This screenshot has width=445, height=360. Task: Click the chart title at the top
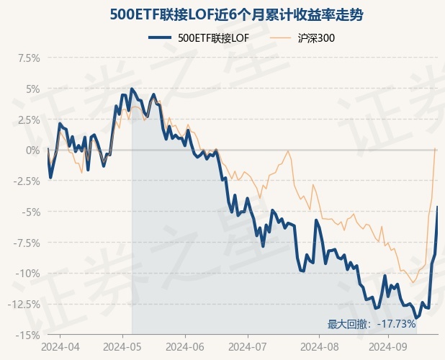[223, 14]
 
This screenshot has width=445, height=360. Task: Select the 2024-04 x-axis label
[60, 346]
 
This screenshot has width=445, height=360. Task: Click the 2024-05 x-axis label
[122, 346]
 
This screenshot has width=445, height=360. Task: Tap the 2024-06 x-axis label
[184, 346]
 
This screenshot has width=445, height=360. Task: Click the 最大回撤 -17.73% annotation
[372, 325]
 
